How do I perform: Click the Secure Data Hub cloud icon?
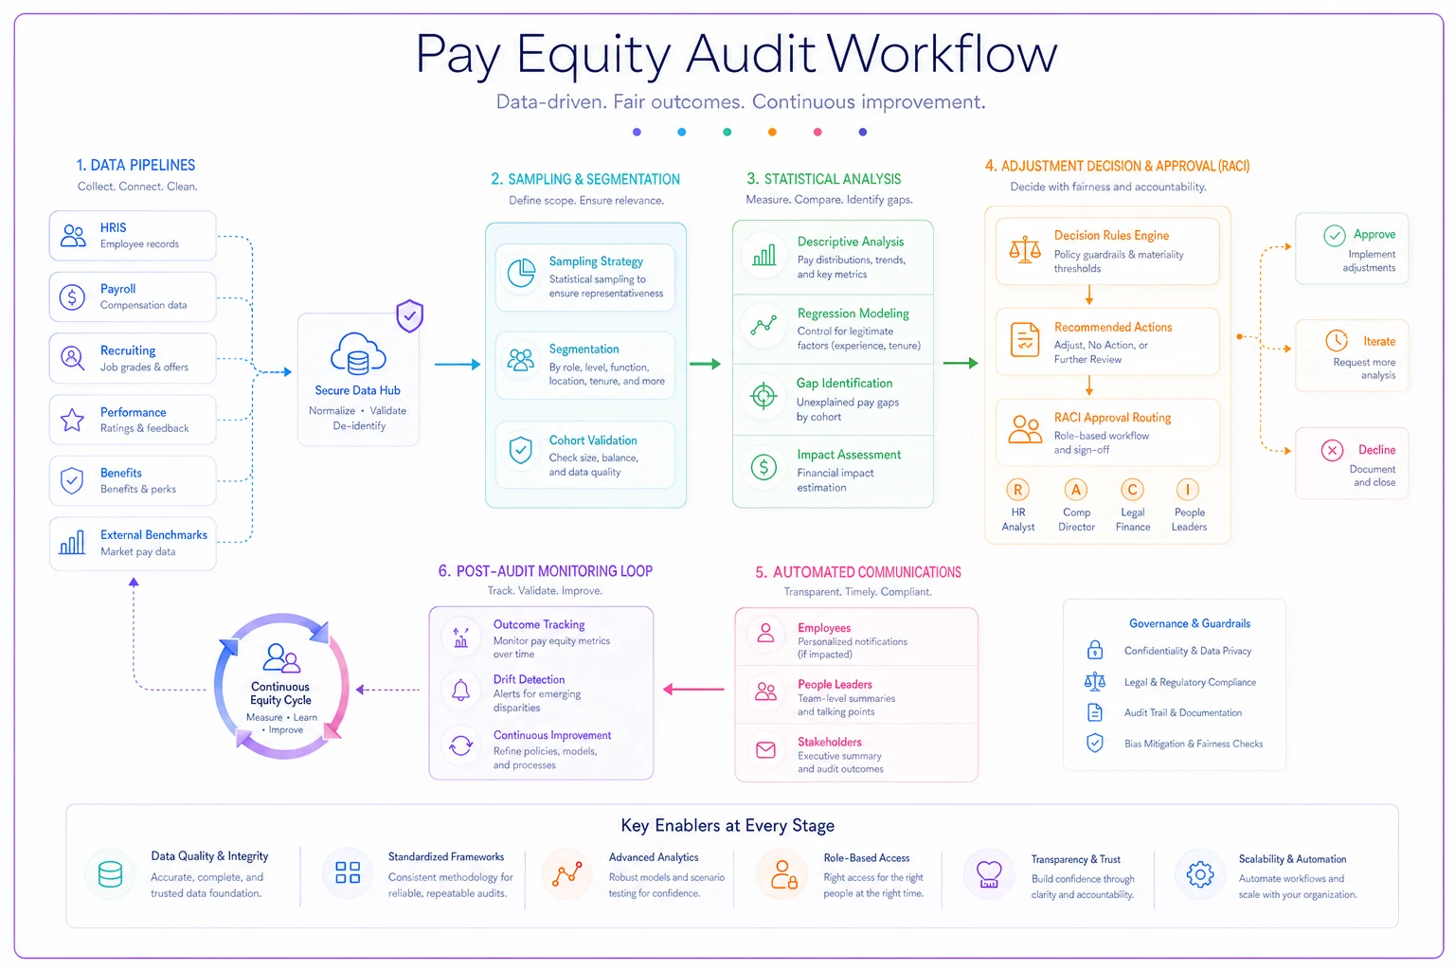358,354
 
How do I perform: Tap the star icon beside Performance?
72,420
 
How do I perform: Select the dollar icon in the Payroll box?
72,296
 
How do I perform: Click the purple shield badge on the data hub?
410,315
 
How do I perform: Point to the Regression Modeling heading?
853,314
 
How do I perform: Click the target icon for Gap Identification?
763,396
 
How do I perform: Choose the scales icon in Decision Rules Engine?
1024,249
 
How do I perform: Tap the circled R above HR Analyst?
1018,489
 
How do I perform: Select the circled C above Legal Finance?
1132,489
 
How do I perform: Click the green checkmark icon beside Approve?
1334,235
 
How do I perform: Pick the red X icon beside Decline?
1332,450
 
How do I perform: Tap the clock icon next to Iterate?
1337,340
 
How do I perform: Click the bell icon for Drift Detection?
460,690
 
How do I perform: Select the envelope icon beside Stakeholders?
765,749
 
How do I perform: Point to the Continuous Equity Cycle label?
280,693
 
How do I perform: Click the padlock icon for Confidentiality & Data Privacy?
1095,649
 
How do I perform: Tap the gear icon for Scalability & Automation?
1200,873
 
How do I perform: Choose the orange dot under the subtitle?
772,132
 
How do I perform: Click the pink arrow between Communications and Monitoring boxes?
693,690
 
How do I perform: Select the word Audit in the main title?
750,53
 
